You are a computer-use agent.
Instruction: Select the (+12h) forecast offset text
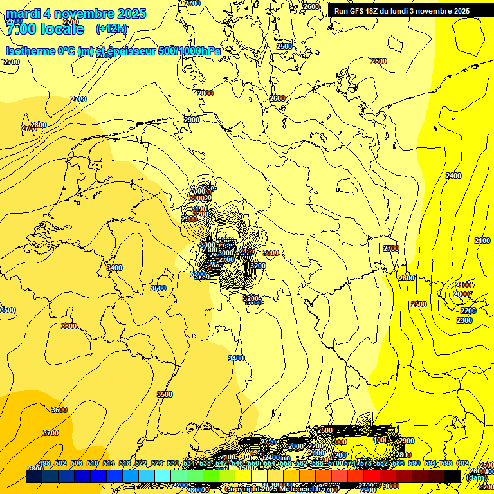coord(111,29)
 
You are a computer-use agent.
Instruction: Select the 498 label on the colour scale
coord(44,464)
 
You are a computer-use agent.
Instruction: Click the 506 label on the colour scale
coord(77,464)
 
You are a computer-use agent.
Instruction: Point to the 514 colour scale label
coord(109,464)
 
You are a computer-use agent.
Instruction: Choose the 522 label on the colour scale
coord(141,464)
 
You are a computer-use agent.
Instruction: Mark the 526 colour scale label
coord(157,464)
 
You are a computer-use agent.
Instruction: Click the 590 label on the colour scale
coord(414,464)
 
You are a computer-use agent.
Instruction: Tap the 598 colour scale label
coord(446,464)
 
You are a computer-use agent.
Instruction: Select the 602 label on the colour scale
coord(462,464)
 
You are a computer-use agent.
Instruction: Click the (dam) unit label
coord(477,477)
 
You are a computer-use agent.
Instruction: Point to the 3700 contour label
coord(51,433)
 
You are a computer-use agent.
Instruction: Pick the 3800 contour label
coord(35,469)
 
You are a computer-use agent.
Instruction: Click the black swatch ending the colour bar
coord(452,476)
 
